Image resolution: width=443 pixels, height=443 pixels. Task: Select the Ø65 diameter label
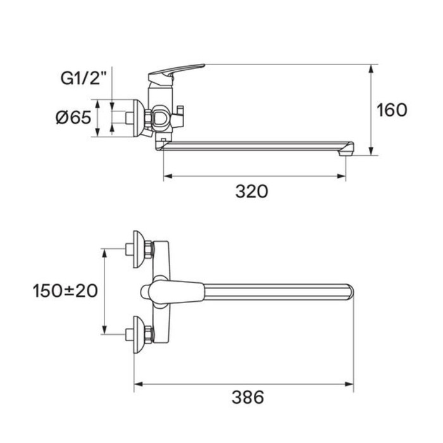click(x=74, y=117)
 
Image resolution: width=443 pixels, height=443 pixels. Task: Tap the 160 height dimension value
click(x=392, y=110)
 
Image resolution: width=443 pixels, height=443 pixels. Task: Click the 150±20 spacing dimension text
click(x=65, y=290)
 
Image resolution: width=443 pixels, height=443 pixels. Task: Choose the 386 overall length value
click(x=248, y=397)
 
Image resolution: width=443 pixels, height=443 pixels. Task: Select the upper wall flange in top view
click(x=139, y=249)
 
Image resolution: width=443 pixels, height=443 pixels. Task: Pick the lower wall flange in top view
click(x=139, y=335)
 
